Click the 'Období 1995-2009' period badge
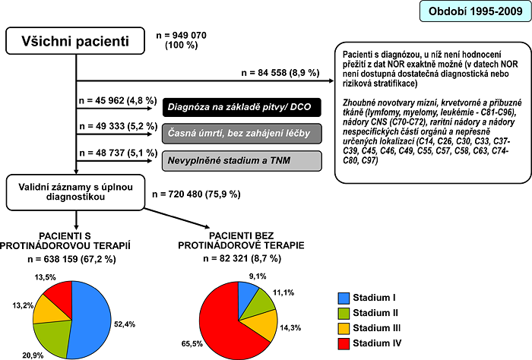(475, 11)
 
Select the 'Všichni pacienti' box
(75, 41)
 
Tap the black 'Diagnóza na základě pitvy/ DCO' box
(242, 107)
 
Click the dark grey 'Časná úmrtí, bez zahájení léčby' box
(242, 134)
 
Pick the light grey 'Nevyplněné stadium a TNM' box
(242, 161)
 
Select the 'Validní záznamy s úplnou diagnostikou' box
(75, 192)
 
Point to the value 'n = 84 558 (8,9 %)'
(280, 73)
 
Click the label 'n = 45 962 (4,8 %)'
(118, 101)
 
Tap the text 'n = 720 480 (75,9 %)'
(196, 194)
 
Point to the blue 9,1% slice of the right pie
(247, 294)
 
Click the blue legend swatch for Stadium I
(344, 298)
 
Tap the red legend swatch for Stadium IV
(344, 343)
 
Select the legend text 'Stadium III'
(377, 328)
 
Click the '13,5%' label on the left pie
(45, 277)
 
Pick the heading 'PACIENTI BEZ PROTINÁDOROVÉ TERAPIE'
(241, 240)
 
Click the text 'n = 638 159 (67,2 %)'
(72, 259)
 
